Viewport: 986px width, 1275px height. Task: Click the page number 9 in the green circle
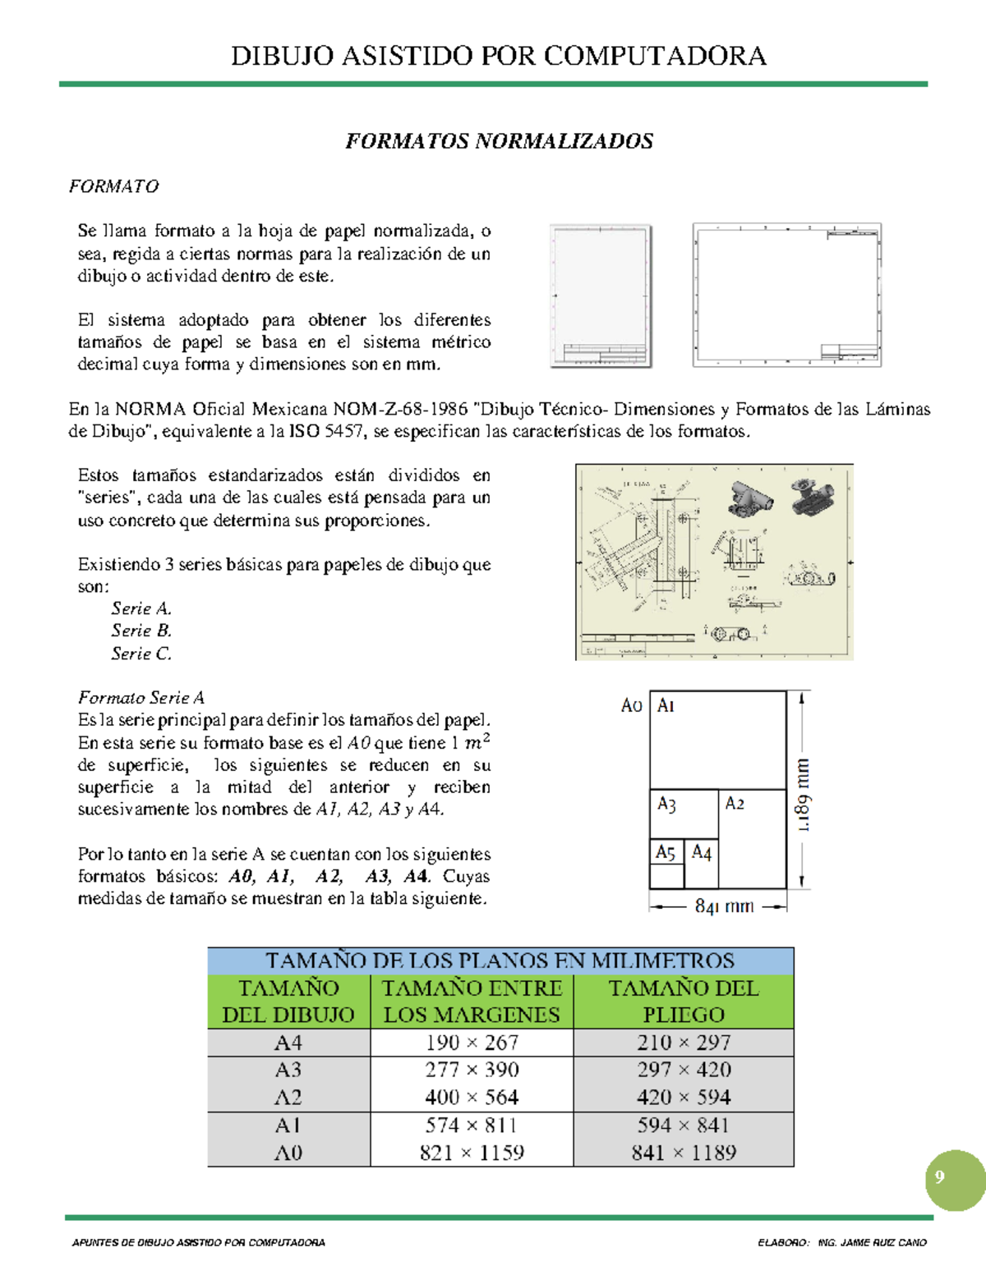click(939, 1176)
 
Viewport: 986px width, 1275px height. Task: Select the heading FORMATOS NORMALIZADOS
click(499, 141)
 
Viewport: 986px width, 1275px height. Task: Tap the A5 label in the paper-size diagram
click(665, 852)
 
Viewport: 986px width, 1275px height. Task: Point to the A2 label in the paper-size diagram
click(735, 804)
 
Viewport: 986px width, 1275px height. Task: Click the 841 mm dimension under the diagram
click(724, 906)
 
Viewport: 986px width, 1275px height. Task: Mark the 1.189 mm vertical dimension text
click(803, 795)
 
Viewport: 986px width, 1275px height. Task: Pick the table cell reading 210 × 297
click(684, 1043)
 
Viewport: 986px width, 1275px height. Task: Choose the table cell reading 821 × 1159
click(472, 1153)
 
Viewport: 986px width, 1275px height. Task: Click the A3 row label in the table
click(288, 1070)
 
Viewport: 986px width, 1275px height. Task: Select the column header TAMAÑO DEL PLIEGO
click(684, 1001)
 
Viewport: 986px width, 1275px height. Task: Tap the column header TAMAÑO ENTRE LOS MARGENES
click(472, 1001)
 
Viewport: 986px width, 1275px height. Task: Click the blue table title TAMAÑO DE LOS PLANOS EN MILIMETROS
click(500, 960)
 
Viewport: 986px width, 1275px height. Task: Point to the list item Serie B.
click(141, 631)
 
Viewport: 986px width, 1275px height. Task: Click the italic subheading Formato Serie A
click(141, 698)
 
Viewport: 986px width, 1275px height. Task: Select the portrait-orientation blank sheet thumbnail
click(601, 296)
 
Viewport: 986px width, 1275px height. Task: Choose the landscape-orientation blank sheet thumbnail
click(786, 294)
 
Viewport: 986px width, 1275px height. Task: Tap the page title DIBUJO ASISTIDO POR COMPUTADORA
click(499, 56)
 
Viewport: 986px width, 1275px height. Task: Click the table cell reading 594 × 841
click(684, 1125)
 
